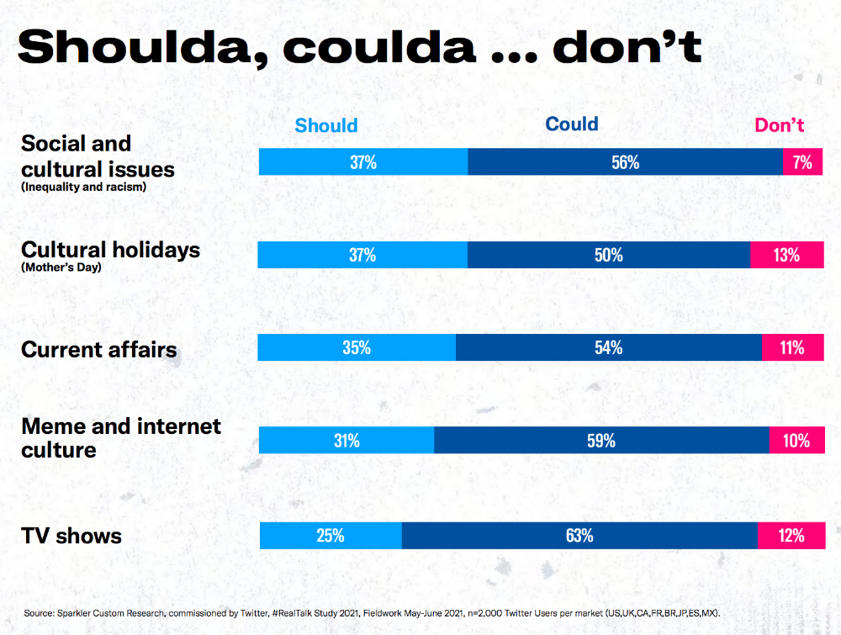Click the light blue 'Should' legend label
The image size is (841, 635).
[x=326, y=125]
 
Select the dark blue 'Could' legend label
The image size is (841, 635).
[x=572, y=124]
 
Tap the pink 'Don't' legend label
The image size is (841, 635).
[x=780, y=125]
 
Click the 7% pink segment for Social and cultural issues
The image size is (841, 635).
[x=803, y=162]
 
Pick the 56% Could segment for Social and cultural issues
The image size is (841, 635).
[x=625, y=162]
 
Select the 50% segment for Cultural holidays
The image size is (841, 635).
[x=608, y=255]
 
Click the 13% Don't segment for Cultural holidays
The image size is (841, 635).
[x=786, y=255]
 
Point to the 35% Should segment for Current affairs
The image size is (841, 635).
[x=357, y=347]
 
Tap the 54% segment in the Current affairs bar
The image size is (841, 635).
[x=608, y=347]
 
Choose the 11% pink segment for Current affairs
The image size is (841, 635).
[x=792, y=347]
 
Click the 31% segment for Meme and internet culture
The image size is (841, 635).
[x=346, y=440]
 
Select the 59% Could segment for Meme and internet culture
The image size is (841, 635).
[x=601, y=440]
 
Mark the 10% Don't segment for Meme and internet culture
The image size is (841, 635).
[x=796, y=440]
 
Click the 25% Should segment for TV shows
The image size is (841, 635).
[x=331, y=535]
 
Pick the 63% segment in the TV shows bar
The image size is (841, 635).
[x=579, y=535]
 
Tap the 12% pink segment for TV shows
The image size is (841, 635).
[x=791, y=535]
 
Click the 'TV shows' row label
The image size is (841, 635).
[x=71, y=536]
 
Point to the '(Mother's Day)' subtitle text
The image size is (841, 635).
[x=61, y=269]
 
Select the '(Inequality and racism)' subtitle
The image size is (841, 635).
[x=84, y=187]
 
